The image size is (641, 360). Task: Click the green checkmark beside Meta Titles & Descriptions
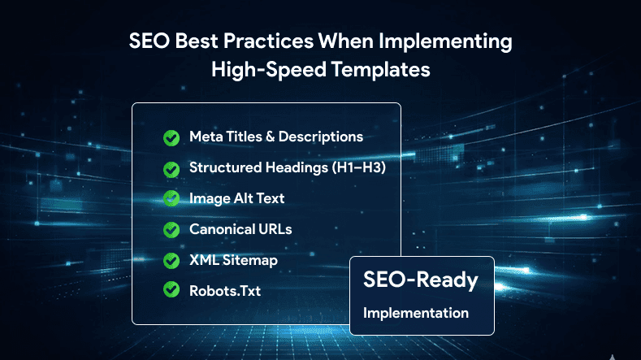pos(171,137)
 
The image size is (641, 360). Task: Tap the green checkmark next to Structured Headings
pos(171,168)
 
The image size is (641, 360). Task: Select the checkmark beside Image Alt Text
pos(171,198)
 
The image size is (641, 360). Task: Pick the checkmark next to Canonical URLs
pos(171,229)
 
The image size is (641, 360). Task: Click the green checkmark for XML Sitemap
pos(171,260)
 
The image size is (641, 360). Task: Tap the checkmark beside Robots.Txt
pos(171,289)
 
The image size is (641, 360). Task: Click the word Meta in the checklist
pos(203,137)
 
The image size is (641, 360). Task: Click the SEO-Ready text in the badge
pos(420,282)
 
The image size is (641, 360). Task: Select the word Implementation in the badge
pos(415,313)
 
